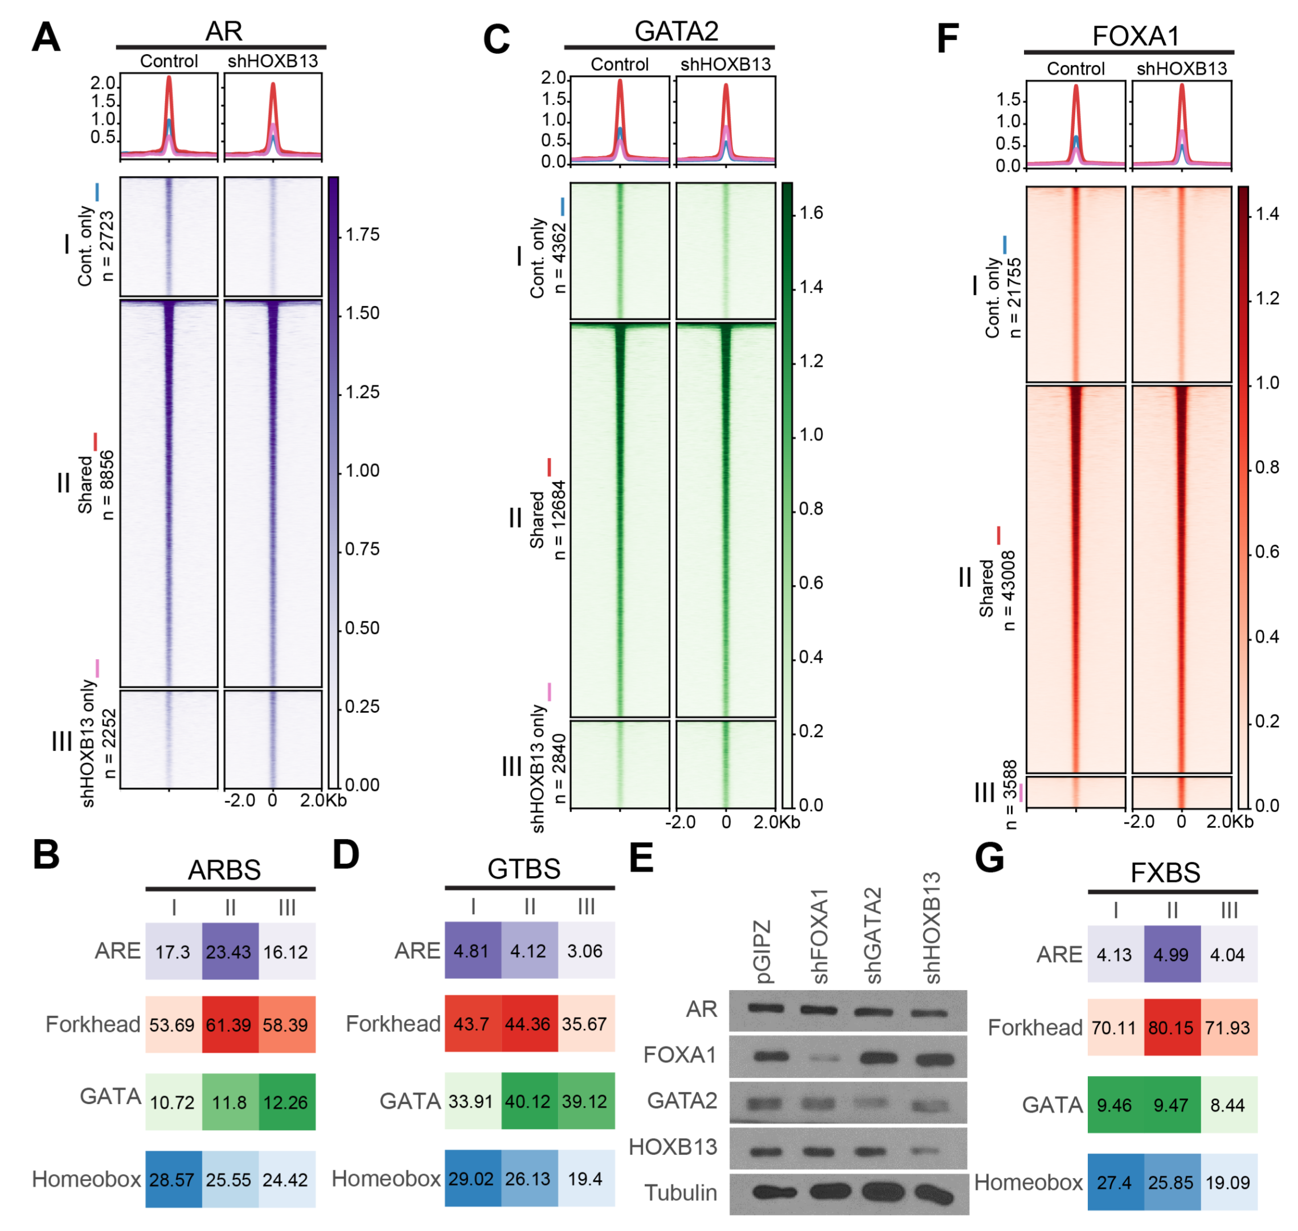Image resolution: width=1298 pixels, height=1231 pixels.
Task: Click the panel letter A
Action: click(x=46, y=38)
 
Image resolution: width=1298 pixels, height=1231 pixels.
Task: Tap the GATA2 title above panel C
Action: click(x=676, y=31)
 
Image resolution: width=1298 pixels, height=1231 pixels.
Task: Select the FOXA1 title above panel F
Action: click(x=1135, y=36)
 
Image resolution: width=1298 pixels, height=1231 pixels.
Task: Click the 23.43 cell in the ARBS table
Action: click(x=229, y=951)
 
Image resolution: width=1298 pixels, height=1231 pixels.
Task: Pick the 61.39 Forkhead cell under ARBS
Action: click(x=229, y=1024)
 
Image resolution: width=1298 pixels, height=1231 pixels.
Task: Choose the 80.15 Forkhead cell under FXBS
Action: click(x=1172, y=1027)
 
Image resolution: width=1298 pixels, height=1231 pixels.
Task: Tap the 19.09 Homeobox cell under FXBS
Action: click(x=1228, y=1183)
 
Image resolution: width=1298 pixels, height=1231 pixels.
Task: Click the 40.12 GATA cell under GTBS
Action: click(x=529, y=1101)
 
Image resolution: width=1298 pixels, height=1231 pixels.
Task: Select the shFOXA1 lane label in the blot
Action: click(x=820, y=937)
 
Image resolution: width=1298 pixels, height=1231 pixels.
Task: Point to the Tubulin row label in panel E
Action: click(x=681, y=1192)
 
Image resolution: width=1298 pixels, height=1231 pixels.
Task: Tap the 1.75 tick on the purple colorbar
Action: click(x=362, y=235)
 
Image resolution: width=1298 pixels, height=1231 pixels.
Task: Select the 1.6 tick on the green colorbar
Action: click(x=811, y=212)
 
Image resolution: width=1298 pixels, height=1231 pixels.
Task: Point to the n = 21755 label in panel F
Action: click(x=1014, y=298)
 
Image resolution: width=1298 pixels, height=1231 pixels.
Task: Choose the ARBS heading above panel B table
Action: click(x=224, y=870)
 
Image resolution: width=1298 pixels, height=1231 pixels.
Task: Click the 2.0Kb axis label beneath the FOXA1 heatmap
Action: click(x=1229, y=821)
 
